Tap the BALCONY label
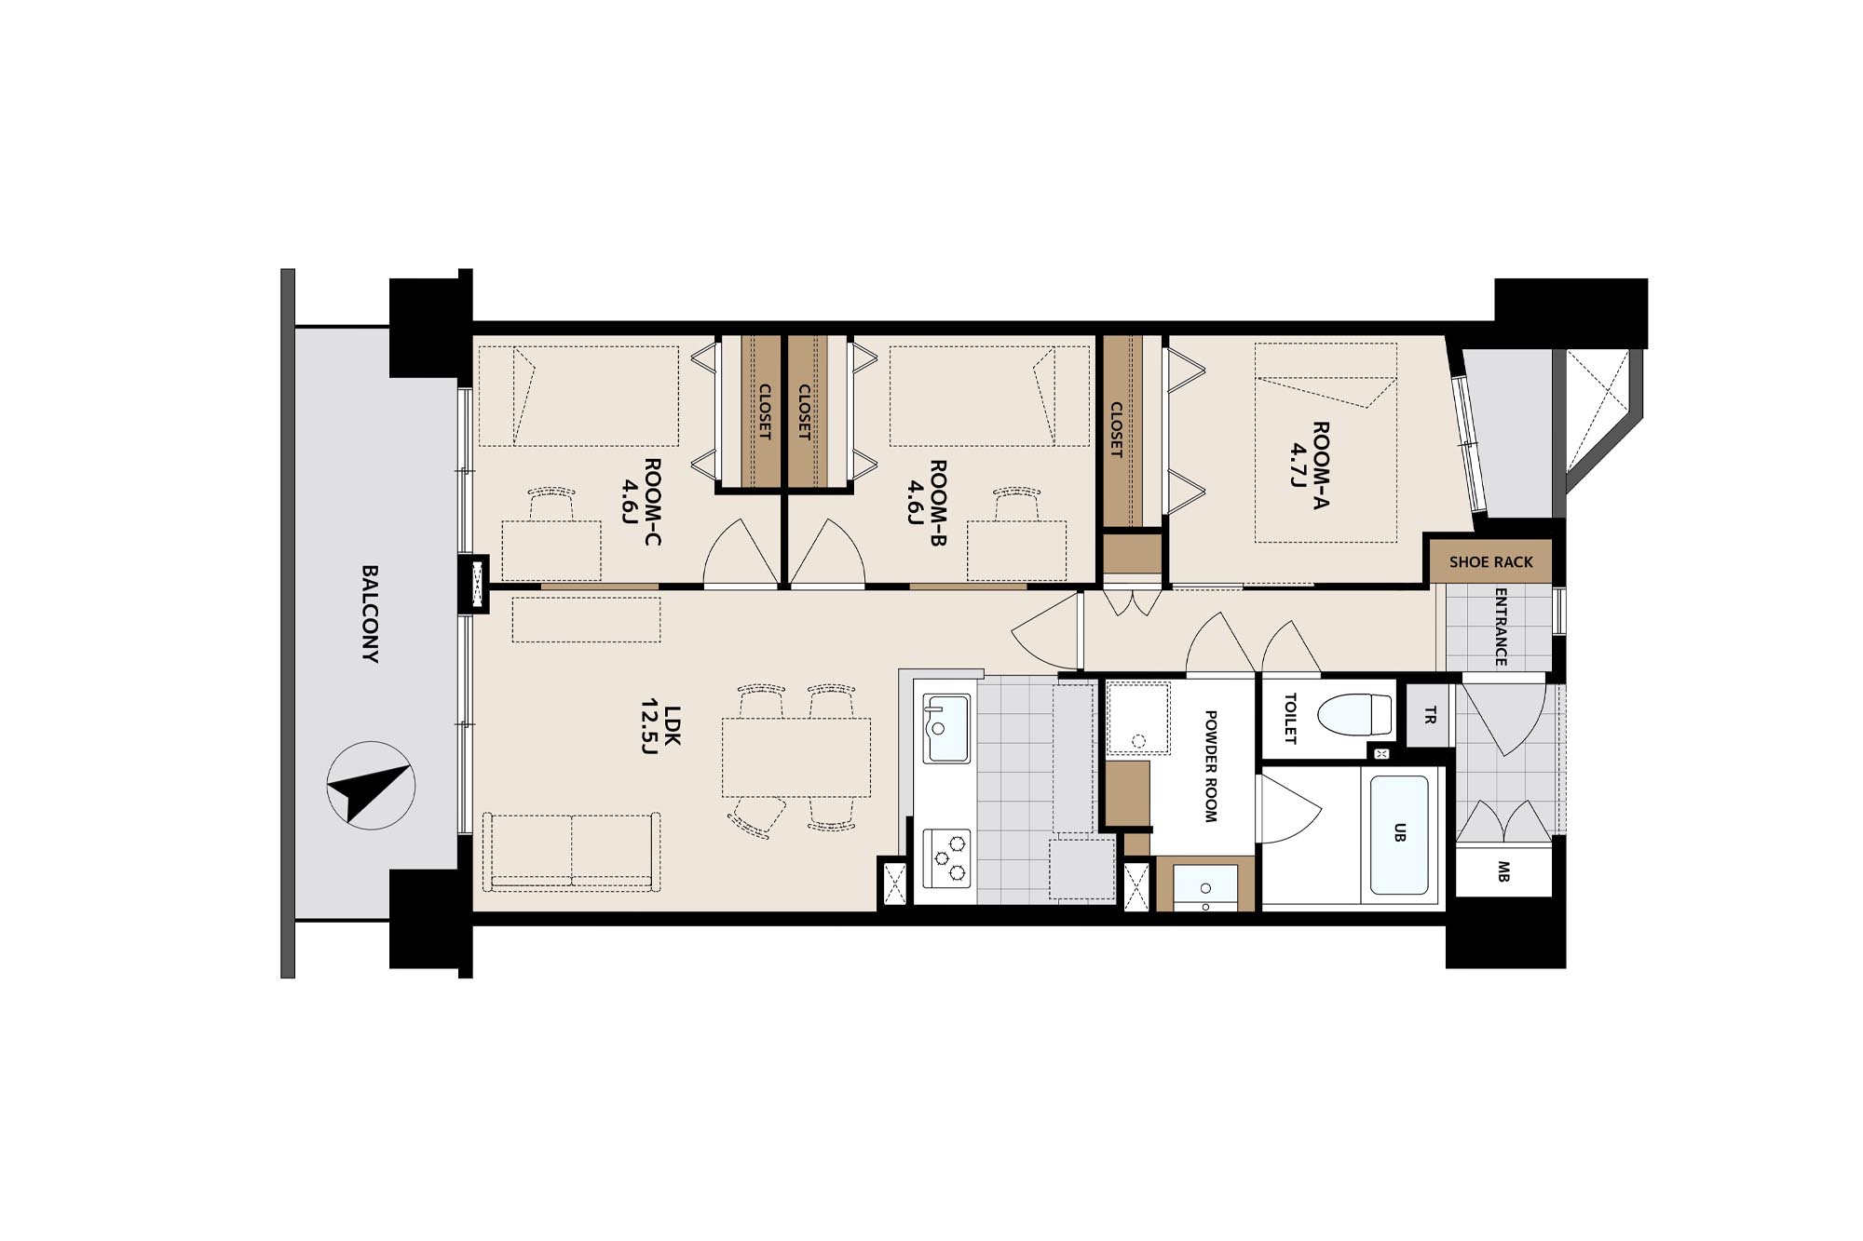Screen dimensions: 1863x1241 click(x=370, y=614)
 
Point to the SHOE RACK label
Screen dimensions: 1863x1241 click(x=1490, y=562)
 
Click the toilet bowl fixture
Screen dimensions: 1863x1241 click(x=1355, y=715)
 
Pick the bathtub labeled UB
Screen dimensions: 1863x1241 click(x=1399, y=834)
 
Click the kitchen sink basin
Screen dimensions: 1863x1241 click(x=946, y=728)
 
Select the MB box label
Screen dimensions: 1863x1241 click(x=1503, y=871)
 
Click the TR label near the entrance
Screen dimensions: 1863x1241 click(x=1430, y=715)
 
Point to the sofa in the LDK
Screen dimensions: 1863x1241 click(x=572, y=852)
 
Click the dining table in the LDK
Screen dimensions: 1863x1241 click(x=796, y=757)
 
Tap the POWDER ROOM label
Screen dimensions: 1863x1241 click(x=1211, y=766)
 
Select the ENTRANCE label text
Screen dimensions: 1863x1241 click(x=1501, y=627)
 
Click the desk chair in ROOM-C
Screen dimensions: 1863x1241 click(x=551, y=504)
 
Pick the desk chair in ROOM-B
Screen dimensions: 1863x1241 click(x=1016, y=504)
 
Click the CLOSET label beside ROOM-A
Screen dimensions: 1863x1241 click(x=1116, y=429)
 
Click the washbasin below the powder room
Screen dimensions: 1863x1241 click(x=1205, y=884)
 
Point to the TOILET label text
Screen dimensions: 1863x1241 click(x=1290, y=718)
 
